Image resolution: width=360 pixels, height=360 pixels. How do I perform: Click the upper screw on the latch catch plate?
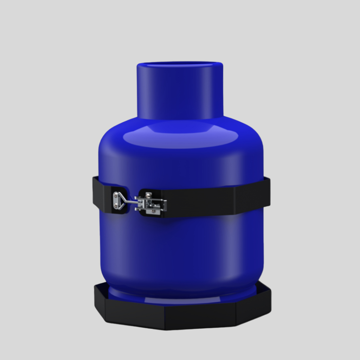click(116, 195)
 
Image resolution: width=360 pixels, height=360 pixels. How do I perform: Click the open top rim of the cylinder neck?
click(180, 65)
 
